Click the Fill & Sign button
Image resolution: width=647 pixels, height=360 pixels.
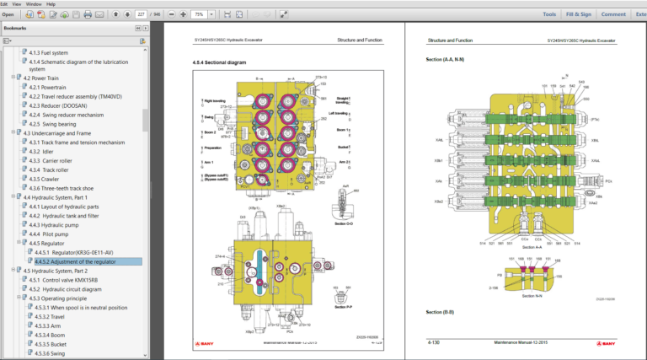click(578, 14)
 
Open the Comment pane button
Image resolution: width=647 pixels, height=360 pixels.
click(612, 14)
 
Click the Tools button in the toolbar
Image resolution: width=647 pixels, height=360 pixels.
click(548, 14)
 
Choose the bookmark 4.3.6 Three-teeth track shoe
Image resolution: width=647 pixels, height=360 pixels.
click(70, 188)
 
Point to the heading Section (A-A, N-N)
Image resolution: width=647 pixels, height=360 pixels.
click(448, 61)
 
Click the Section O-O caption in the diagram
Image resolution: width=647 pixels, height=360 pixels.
click(345, 223)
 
